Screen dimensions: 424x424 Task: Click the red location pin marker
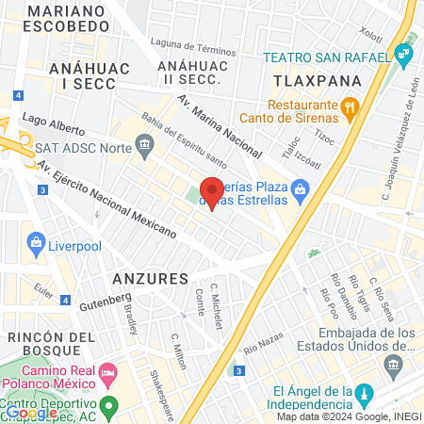[212, 191]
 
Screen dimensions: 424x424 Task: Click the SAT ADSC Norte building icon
[144, 144]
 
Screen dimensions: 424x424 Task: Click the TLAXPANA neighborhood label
[304, 81]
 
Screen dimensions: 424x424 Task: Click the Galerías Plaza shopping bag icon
[299, 191]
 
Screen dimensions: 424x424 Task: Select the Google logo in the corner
[29, 413]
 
